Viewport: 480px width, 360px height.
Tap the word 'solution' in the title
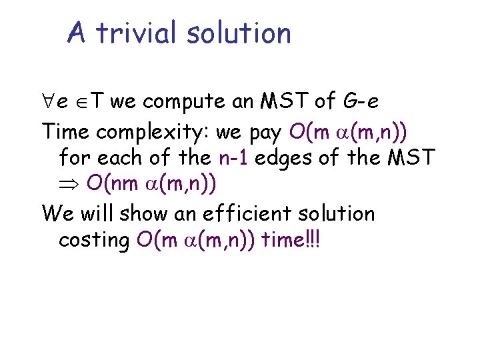pos(239,33)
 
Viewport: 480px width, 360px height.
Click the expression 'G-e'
pos(362,101)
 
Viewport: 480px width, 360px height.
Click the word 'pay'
pos(267,132)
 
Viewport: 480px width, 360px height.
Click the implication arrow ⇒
pos(69,186)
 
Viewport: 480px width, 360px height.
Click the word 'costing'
pos(94,241)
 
